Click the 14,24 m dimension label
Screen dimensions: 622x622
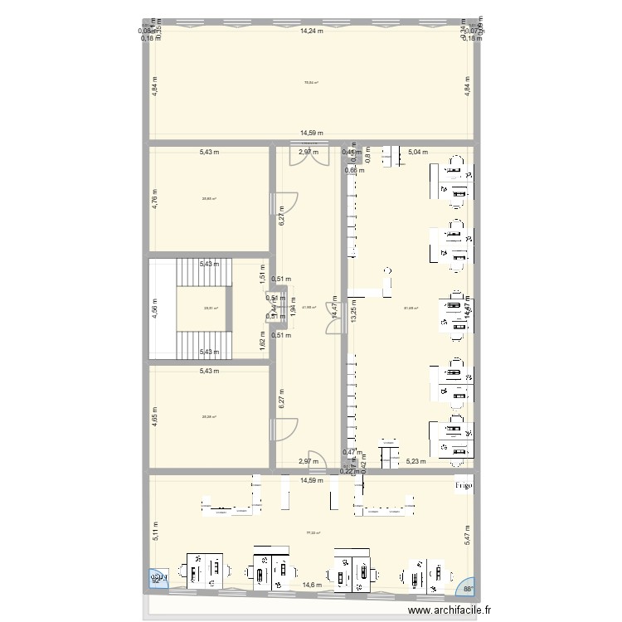point(311,31)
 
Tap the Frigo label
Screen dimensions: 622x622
point(462,486)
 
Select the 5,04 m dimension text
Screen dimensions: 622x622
point(420,153)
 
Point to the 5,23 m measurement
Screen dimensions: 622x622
point(415,461)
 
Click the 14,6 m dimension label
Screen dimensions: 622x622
point(311,586)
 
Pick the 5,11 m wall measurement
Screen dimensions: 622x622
point(154,530)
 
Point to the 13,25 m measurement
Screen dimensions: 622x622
point(354,309)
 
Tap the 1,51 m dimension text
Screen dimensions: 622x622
point(263,274)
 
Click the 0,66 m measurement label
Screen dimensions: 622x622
point(355,171)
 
